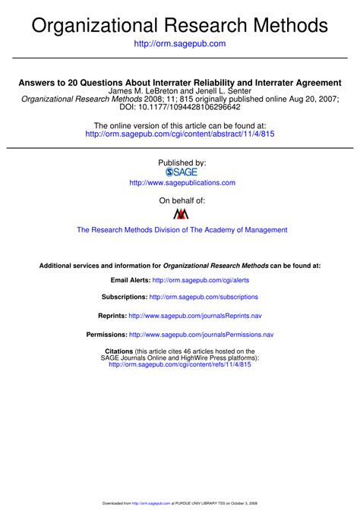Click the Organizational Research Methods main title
pyautogui.click(x=180, y=26)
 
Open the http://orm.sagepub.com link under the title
pyautogui.click(x=180, y=44)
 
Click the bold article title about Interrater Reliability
pyautogui.click(x=180, y=82)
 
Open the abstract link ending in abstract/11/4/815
pyautogui.click(x=180, y=134)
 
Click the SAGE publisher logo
pyautogui.click(x=181, y=172)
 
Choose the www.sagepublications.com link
pyautogui.click(x=182, y=183)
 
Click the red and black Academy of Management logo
pyautogui.click(x=181, y=214)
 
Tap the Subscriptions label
pyautogui.click(x=124, y=297)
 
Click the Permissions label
pyautogui.click(x=106, y=334)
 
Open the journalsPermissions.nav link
pyautogui.click(x=201, y=334)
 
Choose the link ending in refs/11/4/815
pyautogui.click(x=180, y=364)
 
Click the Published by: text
pyautogui.click(x=182, y=162)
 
